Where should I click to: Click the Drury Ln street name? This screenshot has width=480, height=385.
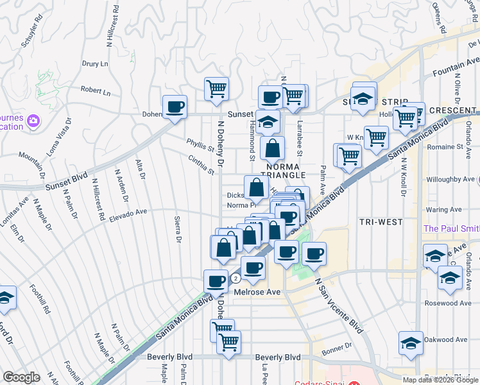pyautogui.click(x=95, y=64)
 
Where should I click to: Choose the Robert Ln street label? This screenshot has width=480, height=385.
pyautogui.click(x=96, y=92)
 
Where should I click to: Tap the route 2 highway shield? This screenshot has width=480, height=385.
pyautogui.click(x=236, y=278)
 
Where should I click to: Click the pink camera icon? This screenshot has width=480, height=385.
pyautogui.click(x=33, y=120)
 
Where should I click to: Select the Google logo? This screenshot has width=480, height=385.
pyautogui.click(x=21, y=377)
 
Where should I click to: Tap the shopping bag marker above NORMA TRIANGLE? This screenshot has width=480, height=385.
pyautogui.click(x=273, y=148)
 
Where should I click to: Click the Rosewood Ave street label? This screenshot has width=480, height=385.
pyautogui.click(x=448, y=303)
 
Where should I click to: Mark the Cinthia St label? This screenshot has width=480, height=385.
pyautogui.click(x=201, y=165)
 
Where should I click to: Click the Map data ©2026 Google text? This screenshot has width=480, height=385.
pyautogui.click(x=440, y=379)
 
